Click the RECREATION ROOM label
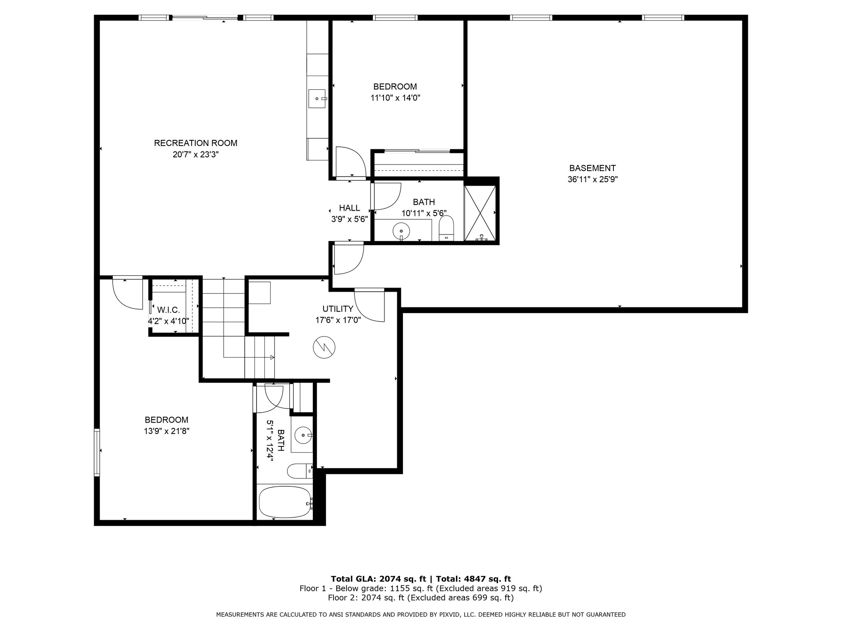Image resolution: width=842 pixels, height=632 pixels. (x=196, y=143)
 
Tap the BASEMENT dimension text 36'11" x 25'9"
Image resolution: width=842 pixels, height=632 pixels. (x=592, y=179)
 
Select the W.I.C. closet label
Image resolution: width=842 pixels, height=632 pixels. (x=169, y=309)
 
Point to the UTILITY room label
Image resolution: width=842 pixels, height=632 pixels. (x=338, y=309)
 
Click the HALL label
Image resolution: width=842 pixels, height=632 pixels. (x=349, y=208)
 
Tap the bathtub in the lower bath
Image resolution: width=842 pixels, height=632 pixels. (x=285, y=503)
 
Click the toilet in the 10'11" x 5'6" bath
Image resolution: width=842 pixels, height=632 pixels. (x=446, y=229)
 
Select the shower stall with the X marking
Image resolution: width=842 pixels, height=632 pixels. (x=480, y=213)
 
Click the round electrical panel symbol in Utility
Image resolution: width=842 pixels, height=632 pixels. (x=324, y=348)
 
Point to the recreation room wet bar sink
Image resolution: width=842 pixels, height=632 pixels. (x=317, y=99)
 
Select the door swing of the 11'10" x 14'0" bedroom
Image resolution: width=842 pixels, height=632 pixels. (x=351, y=162)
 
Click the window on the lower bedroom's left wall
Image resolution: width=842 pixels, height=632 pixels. (x=97, y=453)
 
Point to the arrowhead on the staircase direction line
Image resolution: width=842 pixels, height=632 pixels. (x=272, y=358)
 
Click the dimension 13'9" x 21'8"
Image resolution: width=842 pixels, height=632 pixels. (x=167, y=431)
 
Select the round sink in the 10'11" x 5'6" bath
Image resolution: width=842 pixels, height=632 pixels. (x=401, y=231)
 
